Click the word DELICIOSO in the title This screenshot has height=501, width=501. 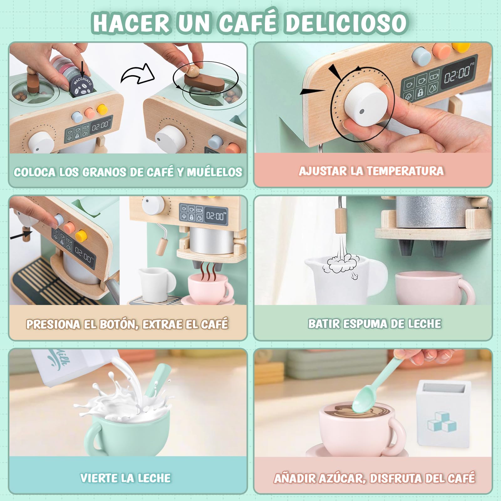click(346, 23)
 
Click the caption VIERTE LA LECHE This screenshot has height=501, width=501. click(126, 478)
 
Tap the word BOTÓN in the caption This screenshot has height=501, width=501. click(119, 324)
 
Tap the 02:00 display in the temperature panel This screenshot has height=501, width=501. click(458, 74)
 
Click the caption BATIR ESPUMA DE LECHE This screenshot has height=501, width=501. click(374, 324)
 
